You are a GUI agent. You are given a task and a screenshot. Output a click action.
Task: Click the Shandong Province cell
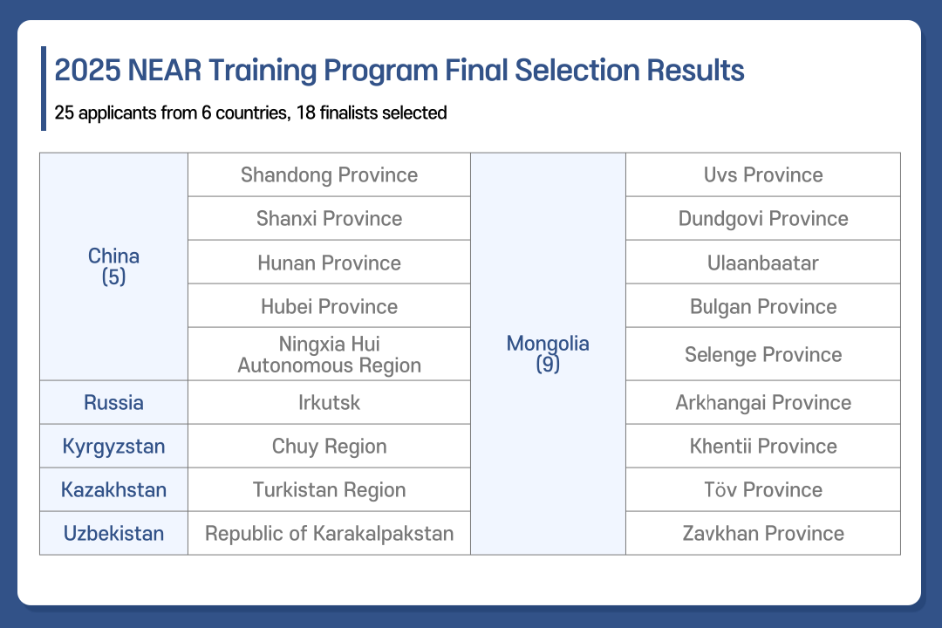[329, 174]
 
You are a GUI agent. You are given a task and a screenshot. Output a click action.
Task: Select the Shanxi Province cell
[329, 219]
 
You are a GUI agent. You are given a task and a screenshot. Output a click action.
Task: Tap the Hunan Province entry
[329, 263]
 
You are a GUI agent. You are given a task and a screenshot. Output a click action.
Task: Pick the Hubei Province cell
[329, 306]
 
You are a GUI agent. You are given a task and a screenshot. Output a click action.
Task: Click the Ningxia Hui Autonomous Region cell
[329, 355]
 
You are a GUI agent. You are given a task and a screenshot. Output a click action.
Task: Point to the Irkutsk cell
[329, 403]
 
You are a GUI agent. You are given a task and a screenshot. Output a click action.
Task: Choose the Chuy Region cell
[329, 447]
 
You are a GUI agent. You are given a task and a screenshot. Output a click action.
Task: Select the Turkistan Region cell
[329, 490]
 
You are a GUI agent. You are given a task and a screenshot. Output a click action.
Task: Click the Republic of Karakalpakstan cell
[329, 534]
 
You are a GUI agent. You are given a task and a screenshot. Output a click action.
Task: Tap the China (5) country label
[113, 266]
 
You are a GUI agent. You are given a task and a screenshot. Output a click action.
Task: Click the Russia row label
[113, 403]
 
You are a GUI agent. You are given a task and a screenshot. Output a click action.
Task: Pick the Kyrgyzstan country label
[113, 447]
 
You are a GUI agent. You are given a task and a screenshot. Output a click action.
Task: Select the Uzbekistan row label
[113, 534]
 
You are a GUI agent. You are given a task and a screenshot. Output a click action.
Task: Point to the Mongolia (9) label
[548, 353]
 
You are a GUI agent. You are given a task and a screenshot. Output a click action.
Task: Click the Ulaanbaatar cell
[763, 263]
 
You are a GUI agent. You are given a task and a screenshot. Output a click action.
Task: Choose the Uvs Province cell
[763, 174]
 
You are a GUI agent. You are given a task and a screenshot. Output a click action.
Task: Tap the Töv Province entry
[763, 490]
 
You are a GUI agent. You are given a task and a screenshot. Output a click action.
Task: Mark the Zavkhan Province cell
[763, 534]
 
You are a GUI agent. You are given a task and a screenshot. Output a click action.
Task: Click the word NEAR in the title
[164, 71]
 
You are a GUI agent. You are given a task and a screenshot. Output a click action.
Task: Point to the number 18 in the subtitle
[306, 113]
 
